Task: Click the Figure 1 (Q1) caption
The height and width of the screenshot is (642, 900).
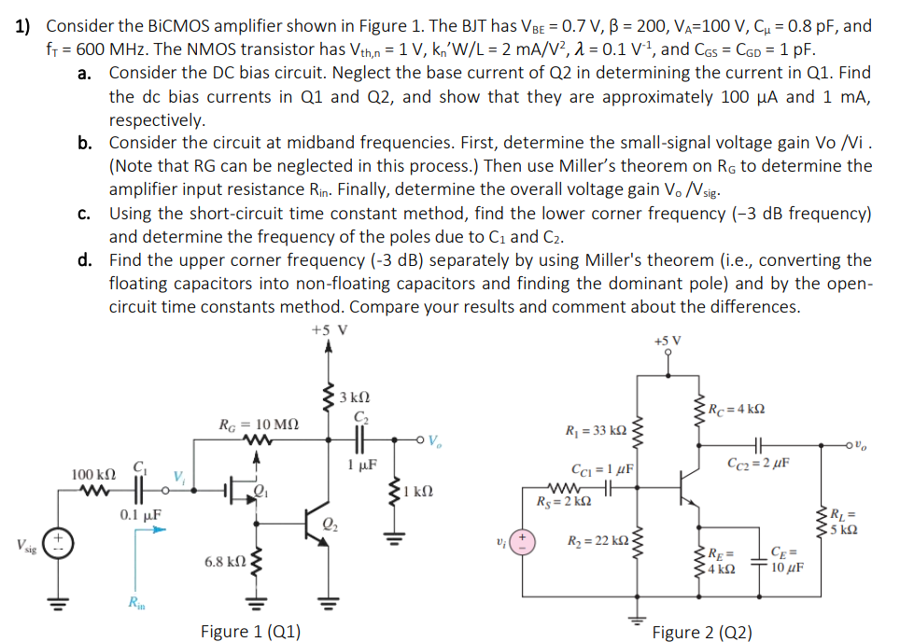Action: pyautogui.click(x=250, y=631)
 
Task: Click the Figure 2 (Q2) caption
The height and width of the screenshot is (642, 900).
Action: pyautogui.click(x=701, y=632)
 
